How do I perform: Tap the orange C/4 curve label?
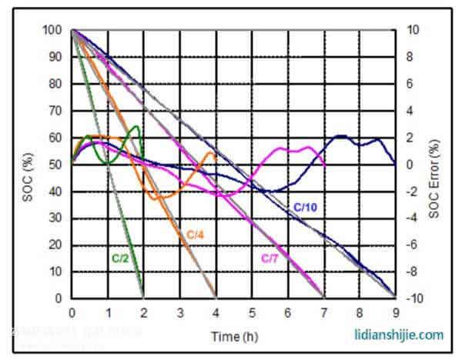coord(194,232)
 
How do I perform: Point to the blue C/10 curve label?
coord(305,206)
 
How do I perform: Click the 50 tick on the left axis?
coord(55,165)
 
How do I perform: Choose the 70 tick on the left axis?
coord(55,111)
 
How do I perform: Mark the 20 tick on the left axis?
coord(55,245)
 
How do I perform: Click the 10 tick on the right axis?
coord(412,30)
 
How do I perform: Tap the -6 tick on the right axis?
coord(412,245)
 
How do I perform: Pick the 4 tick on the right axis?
coord(410,111)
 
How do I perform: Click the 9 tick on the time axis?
coord(395,312)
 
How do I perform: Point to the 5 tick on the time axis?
coord(251,312)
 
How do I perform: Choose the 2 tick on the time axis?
coord(143,312)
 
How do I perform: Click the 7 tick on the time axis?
coord(323,312)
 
